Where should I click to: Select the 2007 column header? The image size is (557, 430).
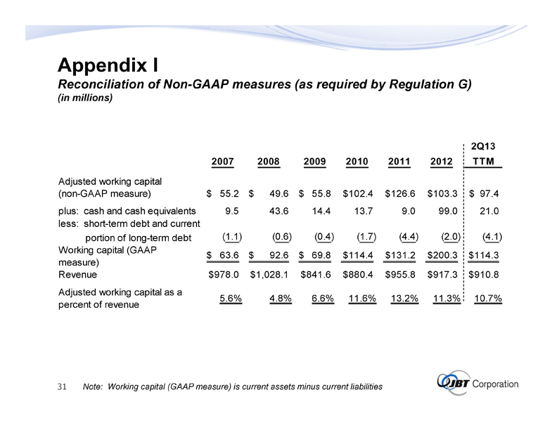[223, 162]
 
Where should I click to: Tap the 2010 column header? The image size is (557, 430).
[358, 162]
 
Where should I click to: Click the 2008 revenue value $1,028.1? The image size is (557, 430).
[270, 275]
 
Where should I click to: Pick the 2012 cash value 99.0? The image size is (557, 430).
[447, 210]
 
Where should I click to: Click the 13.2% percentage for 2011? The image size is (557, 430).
[404, 298]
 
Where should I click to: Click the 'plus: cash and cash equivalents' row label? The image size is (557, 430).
[127, 210]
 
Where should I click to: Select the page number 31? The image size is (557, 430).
[61, 386]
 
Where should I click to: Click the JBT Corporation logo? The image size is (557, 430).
[477, 384]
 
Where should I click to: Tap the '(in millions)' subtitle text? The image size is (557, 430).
[84, 98]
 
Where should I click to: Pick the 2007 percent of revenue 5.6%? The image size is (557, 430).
[231, 298]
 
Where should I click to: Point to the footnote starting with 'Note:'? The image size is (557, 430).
[232, 386]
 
